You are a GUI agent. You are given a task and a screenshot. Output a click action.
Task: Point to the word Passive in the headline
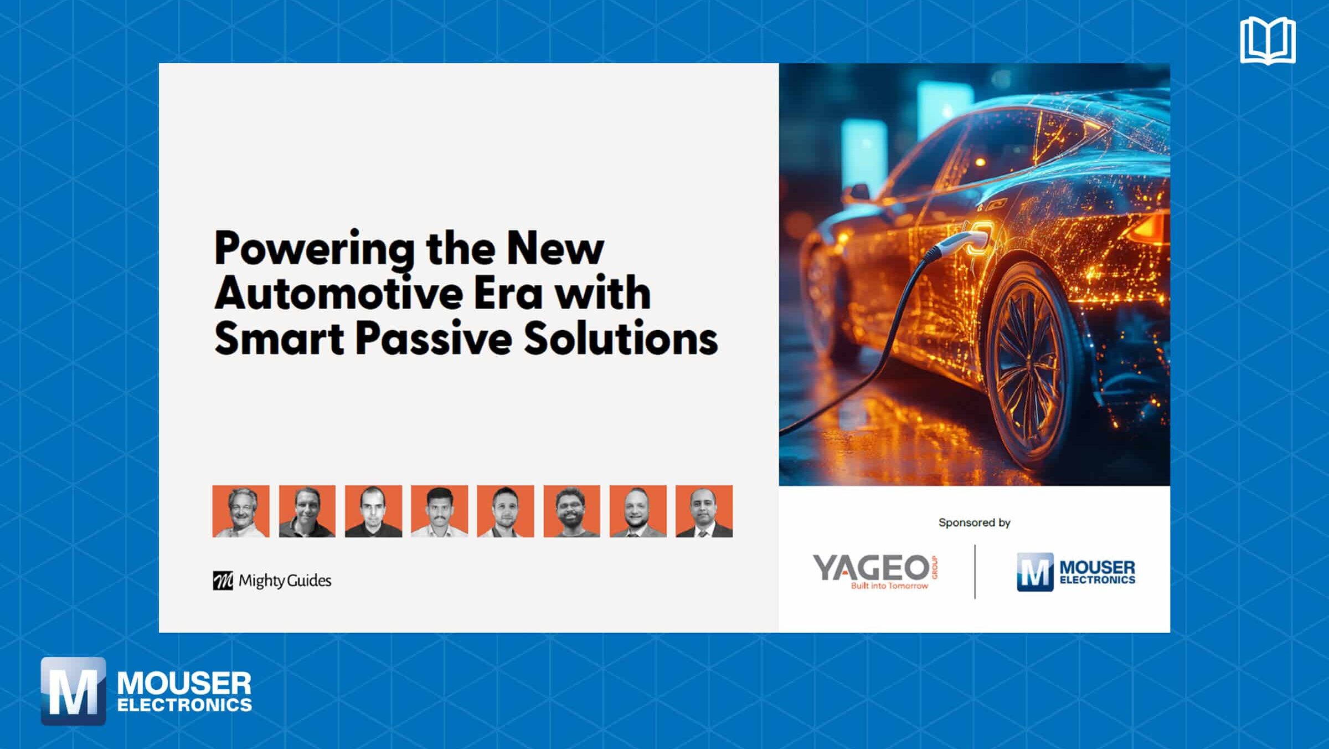pyautogui.click(x=434, y=338)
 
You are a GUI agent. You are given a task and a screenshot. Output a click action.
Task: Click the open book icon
pyautogui.click(x=1268, y=40)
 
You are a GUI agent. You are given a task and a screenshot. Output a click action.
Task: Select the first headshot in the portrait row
pyautogui.click(x=241, y=511)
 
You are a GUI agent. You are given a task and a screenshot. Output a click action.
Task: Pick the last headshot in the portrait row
pyautogui.click(x=704, y=511)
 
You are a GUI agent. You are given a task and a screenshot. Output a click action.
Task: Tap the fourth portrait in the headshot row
pyautogui.click(x=439, y=511)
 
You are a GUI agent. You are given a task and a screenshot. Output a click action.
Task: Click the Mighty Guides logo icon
pyautogui.click(x=223, y=581)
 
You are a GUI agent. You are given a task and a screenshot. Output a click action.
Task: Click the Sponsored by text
pyautogui.click(x=974, y=522)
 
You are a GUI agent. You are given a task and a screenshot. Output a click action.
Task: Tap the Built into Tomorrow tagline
pyautogui.click(x=889, y=586)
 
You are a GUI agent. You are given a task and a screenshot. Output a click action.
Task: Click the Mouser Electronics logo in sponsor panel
pyautogui.click(x=1075, y=572)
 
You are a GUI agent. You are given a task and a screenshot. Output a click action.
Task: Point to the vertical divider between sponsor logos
pyautogui.click(x=975, y=572)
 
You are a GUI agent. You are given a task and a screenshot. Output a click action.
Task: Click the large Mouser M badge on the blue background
pyautogui.click(x=73, y=691)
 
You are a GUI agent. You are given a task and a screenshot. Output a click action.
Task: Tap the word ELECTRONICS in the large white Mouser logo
pyautogui.click(x=184, y=705)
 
